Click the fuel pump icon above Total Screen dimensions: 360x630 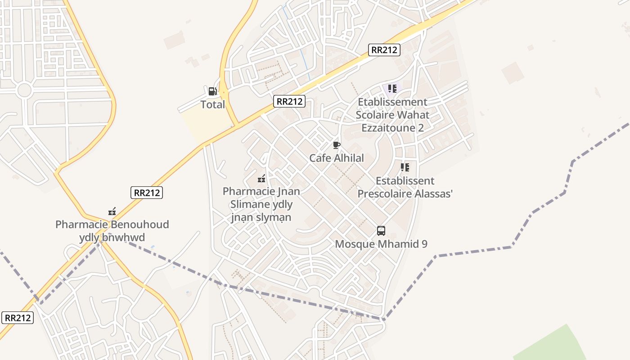(x=212, y=91)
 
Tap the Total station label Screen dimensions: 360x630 (x=212, y=105)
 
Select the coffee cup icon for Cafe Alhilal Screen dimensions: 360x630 (x=336, y=145)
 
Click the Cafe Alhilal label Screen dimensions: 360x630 (x=336, y=158)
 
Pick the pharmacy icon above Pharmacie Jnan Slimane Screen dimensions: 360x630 (x=261, y=179)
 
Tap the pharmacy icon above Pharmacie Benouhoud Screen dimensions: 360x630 (x=112, y=211)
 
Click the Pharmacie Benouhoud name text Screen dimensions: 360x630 (x=112, y=224)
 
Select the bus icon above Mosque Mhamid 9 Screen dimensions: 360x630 (x=381, y=231)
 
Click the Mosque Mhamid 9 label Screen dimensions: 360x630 (x=381, y=244)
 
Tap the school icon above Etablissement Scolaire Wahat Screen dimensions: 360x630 (x=392, y=89)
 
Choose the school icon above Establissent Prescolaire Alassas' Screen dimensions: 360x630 (x=405, y=167)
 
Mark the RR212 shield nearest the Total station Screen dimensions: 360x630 (x=289, y=101)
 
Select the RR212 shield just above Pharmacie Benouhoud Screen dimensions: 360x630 (x=147, y=193)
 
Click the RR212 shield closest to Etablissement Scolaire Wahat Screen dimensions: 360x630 (x=384, y=49)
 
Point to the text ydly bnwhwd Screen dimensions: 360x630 (x=112, y=237)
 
